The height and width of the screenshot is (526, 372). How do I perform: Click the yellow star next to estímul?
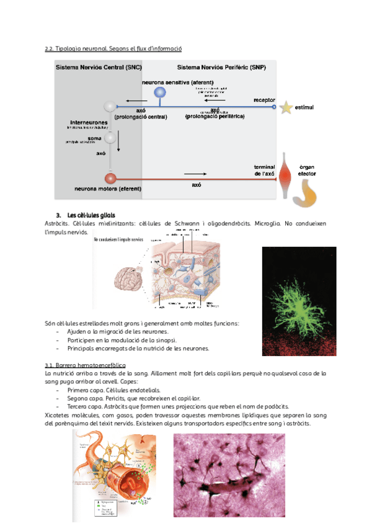(286, 108)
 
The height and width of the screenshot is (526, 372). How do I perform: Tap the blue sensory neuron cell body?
(160, 93)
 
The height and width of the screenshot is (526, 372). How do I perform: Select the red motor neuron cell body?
(110, 178)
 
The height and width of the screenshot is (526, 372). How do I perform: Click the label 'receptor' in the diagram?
(264, 100)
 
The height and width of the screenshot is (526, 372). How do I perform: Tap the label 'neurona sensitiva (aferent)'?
(178, 82)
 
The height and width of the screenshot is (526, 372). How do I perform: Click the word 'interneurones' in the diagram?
(89, 122)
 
